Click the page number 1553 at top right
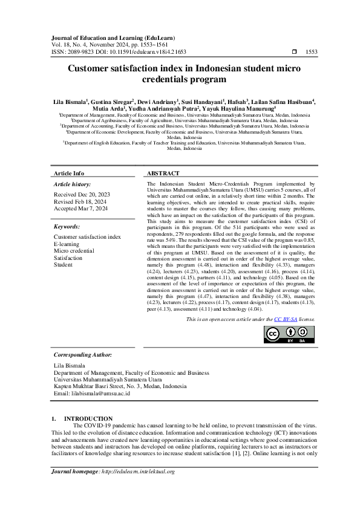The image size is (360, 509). tap(312, 53)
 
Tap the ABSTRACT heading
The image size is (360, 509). tap(162, 173)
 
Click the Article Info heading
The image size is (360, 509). tap(69, 173)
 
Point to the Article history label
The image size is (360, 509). tap(73, 183)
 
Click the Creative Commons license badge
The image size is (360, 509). tap(290, 334)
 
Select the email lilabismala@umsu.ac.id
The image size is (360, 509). tap(87, 393)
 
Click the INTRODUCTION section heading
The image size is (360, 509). tap(88, 418)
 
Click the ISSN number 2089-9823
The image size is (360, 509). tap(77, 53)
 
